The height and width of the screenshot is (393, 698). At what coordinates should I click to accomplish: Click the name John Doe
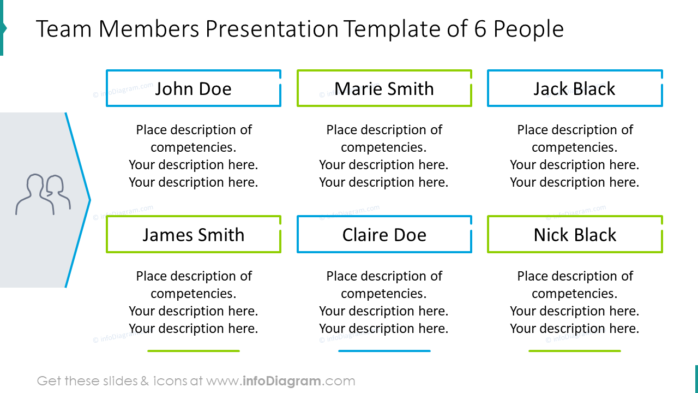193,88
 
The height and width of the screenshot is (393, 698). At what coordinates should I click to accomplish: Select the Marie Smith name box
384,88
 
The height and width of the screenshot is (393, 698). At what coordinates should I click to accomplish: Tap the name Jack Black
574,88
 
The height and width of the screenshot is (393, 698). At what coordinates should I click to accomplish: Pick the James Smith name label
193,235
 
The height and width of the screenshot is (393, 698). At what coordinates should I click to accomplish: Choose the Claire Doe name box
384,235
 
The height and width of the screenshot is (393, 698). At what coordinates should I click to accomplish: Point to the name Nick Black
575,235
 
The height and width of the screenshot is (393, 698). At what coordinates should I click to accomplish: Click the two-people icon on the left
43,194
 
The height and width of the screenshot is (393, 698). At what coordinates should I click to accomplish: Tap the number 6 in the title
480,29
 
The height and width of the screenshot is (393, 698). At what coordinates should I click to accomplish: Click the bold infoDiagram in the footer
281,381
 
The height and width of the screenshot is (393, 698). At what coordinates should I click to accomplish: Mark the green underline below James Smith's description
194,351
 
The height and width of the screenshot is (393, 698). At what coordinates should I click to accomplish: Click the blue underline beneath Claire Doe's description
384,351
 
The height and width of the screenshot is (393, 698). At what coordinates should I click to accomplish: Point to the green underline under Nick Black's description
575,351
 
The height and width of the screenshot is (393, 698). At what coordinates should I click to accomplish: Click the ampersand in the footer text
145,381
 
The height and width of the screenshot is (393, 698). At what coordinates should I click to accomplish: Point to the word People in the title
528,29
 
